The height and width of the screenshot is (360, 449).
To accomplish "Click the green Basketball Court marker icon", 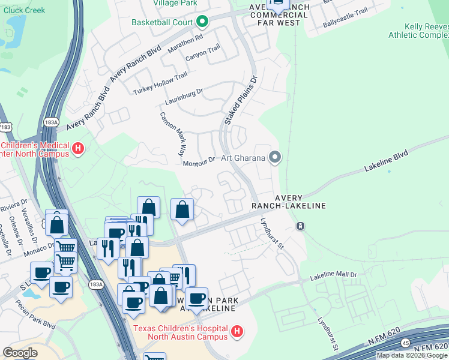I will [x=202, y=23].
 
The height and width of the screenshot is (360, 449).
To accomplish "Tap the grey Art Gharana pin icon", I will [x=275, y=158].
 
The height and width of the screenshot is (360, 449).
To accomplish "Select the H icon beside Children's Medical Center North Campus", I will [x=77, y=148].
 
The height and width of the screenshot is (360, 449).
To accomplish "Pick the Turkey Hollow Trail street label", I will [x=160, y=84].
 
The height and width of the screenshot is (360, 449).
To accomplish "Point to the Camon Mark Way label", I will [x=172, y=133].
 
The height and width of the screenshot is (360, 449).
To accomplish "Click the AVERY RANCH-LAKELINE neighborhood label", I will [x=300, y=202].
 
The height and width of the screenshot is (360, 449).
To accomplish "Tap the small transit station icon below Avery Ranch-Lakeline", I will [x=300, y=226].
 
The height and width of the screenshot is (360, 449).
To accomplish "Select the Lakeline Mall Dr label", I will [x=333, y=277].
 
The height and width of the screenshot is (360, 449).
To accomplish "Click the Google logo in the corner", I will [x=20, y=352].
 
